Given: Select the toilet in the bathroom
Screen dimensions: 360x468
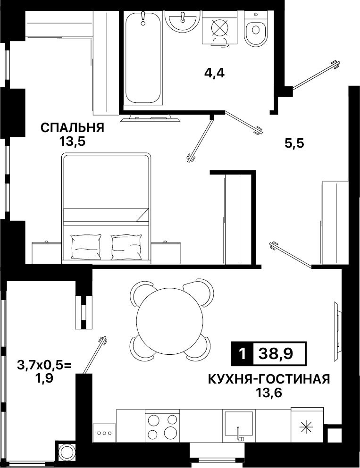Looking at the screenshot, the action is [256, 28].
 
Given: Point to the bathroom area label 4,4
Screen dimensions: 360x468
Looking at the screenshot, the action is [214, 73].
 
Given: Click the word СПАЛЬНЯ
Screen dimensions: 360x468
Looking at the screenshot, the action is [73, 128].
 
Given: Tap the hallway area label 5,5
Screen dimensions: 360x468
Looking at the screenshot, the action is [294, 143].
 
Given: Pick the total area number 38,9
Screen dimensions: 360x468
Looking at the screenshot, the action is [276, 354].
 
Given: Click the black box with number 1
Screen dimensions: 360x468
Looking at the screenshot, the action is [243, 354].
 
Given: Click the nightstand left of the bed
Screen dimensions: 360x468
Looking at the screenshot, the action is [47, 252].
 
